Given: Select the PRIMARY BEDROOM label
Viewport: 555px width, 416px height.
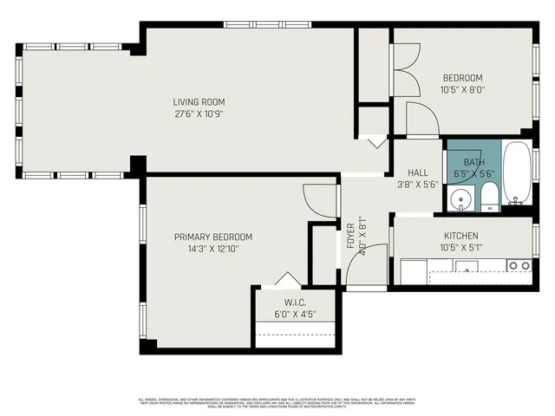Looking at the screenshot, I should (212, 237).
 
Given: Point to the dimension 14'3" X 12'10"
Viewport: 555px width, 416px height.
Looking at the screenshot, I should (212, 249).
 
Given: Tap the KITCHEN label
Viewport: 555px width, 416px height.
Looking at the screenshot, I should (460, 236).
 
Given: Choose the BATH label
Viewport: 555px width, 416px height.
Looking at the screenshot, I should (473, 162).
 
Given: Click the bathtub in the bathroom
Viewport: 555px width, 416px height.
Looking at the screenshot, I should (517, 176).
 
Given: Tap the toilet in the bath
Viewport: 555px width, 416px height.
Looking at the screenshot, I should (489, 197).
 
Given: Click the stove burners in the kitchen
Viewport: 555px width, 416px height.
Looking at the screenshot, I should (519, 265).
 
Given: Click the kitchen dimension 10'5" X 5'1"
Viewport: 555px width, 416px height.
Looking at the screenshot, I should (460, 248).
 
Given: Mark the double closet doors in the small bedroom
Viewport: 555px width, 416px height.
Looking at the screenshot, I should (406, 69).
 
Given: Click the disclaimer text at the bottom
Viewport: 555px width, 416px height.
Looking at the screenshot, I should (277, 402).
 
